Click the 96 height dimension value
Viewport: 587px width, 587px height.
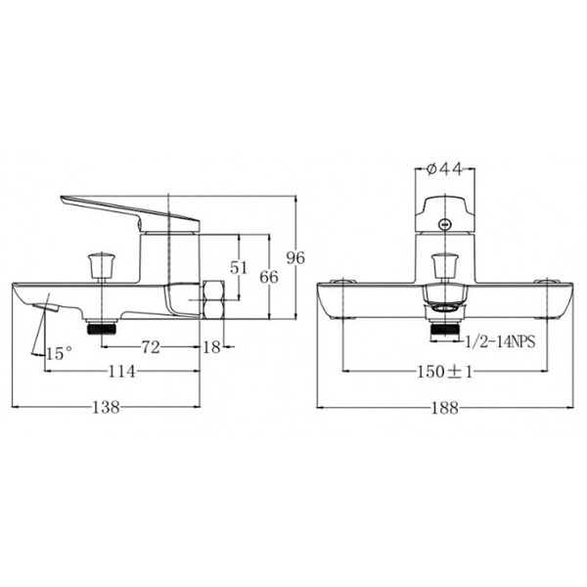(295, 258)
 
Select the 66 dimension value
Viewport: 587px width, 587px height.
(269, 278)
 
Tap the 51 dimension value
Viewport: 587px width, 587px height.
(239, 268)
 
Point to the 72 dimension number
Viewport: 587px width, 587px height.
(151, 347)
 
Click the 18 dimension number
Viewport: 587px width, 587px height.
(212, 347)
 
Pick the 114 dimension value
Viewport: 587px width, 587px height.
(121, 372)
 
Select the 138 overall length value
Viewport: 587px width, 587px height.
(107, 407)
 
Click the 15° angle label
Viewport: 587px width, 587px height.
(59, 353)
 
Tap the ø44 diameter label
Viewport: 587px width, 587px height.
(445, 169)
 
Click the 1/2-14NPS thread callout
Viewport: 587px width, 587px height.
(500, 341)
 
